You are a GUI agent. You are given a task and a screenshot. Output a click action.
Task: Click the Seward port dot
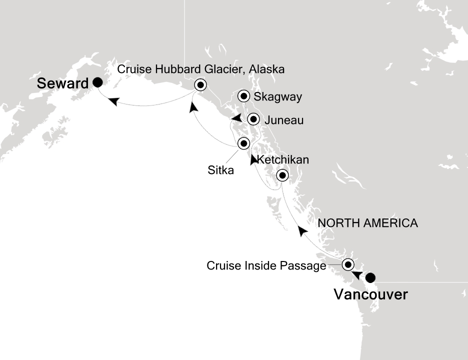click(98, 82)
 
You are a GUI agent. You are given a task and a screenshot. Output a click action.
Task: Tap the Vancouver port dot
click(370, 278)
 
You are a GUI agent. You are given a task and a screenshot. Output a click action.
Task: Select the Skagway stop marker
click(243, 95)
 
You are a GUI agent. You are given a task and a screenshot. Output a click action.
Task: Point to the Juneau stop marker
click(253, 119)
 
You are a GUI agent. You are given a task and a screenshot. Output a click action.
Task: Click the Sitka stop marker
click(243, 143)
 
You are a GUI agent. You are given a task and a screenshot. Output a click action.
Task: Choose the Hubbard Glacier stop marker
click(200, 84)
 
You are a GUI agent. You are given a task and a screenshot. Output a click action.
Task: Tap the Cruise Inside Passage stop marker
click(348, 264)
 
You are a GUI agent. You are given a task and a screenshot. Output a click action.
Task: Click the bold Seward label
click(62, 83)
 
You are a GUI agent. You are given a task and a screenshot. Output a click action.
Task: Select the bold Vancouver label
click(370, 295)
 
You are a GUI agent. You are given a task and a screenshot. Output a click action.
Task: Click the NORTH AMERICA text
click(367, 223)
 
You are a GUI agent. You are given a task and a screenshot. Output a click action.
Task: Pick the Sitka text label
click(220, 170)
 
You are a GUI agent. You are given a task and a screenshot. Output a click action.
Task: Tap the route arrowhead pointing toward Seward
click(114, 101)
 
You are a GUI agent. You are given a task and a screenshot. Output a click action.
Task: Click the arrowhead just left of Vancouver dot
click(356, 274)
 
